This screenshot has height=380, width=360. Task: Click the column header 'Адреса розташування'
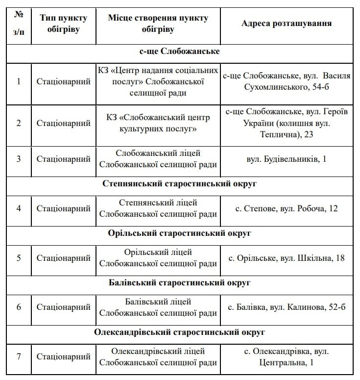click(287, 24)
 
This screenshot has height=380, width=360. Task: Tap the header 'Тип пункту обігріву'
click(64, 24)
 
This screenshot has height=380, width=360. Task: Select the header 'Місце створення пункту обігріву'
click(158, 24)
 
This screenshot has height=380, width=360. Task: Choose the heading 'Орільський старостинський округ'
click(179, 233)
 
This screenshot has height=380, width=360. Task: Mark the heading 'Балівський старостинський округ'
click(179, 283)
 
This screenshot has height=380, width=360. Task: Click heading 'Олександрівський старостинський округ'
click(180, 332)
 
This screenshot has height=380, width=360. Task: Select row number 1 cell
click(19, 81)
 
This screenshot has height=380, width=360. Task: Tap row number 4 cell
click(19, 208)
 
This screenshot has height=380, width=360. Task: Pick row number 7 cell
click(19, 357)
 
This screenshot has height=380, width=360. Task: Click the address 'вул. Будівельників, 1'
click(287, 159)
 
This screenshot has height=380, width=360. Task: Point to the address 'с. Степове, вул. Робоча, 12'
click(287, 208)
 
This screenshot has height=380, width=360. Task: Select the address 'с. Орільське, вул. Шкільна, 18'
click(287, 258)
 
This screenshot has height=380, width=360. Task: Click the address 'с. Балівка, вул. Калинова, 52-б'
click(287, 307)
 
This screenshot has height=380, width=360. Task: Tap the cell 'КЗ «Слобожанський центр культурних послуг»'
click(158, 123)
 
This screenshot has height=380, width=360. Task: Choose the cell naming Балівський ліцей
click(158, 307)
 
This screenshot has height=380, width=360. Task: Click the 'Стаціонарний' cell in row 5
click(64, 258)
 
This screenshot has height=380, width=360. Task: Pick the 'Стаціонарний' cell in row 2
click(64, 123)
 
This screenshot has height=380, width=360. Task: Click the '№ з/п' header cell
click(19, 24)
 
